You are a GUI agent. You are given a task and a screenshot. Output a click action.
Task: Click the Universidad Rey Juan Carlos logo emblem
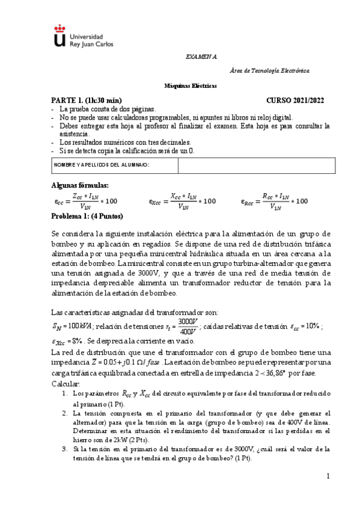click(58, 36)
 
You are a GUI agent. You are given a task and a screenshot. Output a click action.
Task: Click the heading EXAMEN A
click(201, 56)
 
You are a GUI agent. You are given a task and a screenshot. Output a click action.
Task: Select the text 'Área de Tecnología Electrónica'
click(270, 71)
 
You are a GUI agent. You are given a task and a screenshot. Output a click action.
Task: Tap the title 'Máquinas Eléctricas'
click(191, 86)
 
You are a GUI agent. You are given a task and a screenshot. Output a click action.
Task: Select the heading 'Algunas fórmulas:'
click(79, 185)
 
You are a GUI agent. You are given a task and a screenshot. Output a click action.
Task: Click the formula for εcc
click(85, 201)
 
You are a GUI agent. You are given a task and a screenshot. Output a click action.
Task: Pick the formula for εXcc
click(182, 201)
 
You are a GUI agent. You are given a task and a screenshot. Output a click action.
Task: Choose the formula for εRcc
click(274, 201)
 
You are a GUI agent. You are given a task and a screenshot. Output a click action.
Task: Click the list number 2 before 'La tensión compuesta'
click(64, 414)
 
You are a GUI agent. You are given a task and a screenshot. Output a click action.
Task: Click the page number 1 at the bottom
click(329, 476)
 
